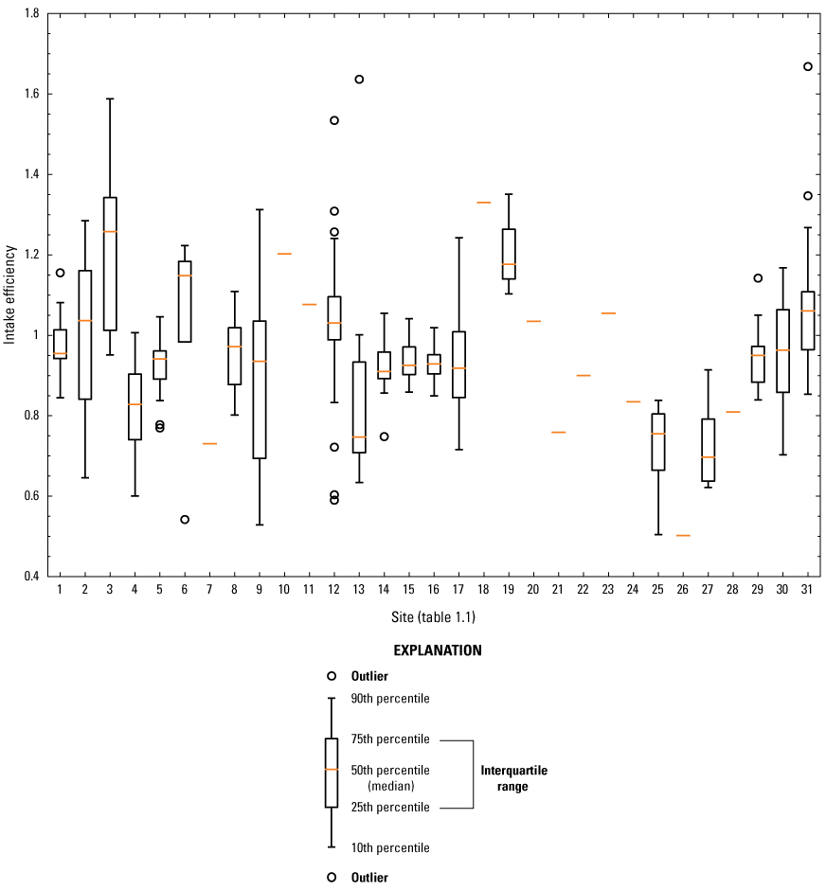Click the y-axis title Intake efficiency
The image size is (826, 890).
(9, 294)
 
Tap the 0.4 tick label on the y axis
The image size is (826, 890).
(32, 577)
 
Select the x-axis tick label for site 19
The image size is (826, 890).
(508, 590)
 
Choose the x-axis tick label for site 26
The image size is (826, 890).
(683, 590)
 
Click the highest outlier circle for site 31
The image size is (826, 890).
(808, 66)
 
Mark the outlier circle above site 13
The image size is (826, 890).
(359, 79)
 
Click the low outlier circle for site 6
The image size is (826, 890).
(185, 519)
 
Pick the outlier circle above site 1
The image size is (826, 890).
(60, 273)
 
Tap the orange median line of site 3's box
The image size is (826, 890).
(110, 231)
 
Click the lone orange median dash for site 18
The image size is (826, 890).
(483, 202)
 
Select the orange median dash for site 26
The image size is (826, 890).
(683, 535)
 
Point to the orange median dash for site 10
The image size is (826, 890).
(284, 254)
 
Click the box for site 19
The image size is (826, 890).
(509, 254)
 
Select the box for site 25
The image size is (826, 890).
(658, 441)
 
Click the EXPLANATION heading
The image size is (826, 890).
(438, 650)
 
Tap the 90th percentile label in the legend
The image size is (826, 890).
(390, 699)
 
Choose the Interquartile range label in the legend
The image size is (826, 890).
(513, 778)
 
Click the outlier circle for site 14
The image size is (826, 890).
(384, 436)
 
